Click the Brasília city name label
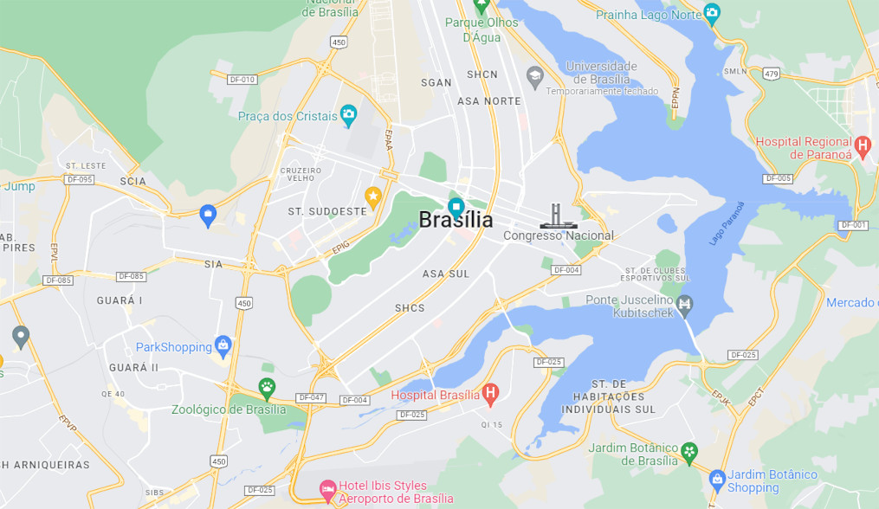pos(456,220)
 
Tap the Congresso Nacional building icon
pos(555,216)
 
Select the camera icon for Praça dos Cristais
pos(348,113)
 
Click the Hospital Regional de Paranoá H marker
pos(862,145)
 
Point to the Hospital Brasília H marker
pos(490,395)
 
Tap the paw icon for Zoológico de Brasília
pos(267,387)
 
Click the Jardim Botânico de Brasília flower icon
pos(689,451)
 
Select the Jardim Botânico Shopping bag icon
pos(717,479)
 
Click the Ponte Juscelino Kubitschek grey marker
pos(685,305)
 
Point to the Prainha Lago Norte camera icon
pos(712,13)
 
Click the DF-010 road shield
pos(242,80)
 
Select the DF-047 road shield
pos(310,397)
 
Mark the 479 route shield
pos(771,74)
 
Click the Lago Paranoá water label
pos(727,222)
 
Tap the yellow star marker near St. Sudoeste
pos(373,197)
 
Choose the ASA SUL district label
pos(445,274)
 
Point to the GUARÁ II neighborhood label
pos(133,367)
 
